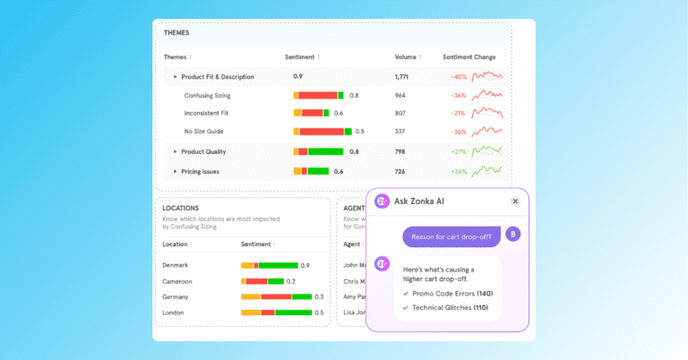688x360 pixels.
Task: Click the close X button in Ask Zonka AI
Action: coord(515,201)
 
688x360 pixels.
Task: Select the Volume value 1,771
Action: coord(401,77)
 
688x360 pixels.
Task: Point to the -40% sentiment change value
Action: coord(459,77)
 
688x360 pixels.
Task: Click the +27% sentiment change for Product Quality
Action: coord(459,151)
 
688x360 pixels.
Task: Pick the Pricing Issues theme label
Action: coord(200,171)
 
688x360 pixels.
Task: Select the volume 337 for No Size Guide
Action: coord(400,132)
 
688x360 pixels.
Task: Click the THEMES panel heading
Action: coord(176,33)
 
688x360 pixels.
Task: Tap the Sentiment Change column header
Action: coord(469,57)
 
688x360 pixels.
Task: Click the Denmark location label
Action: coord(176,265)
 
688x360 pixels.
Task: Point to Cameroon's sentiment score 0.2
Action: coord(291,281)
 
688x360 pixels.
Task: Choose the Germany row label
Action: coord(176,296)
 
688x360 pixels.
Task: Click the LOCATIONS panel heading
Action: coord(182,208)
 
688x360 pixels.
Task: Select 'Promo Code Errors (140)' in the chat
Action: coord(452,293)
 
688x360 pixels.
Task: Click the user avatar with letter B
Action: coord(512,235)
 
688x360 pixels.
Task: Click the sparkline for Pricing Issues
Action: coord(488,170)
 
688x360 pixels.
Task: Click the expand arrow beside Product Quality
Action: coord(176,151)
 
